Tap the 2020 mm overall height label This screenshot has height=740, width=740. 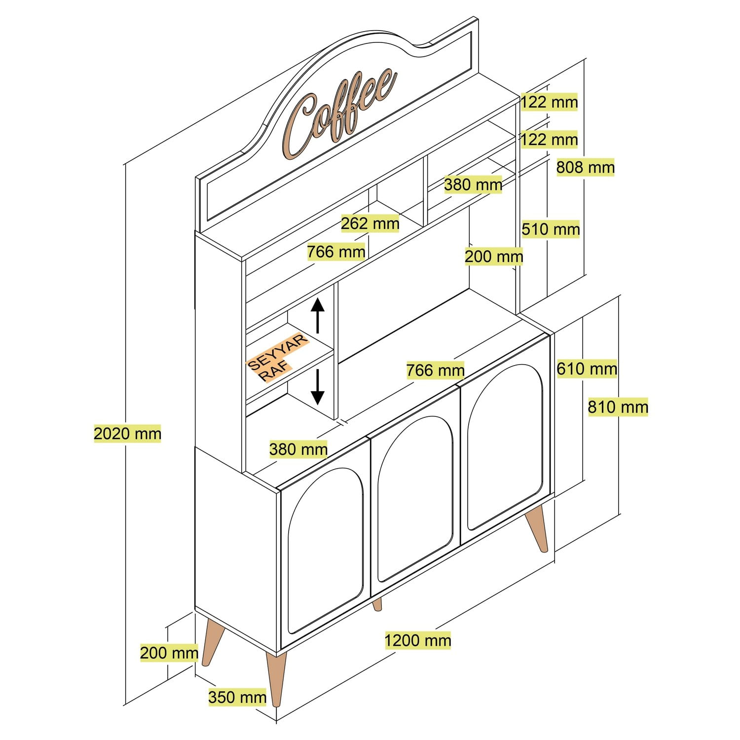(x=127, y=434)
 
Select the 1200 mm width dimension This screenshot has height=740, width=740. (x=417, y=640)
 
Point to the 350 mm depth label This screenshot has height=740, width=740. (x=237, y=697)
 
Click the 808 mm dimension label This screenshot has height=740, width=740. (x=585, y=168)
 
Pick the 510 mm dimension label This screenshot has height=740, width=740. (x=550, y=229)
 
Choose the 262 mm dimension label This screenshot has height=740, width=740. (x=370, y=223)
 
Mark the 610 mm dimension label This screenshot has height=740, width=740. (x=587, y=369)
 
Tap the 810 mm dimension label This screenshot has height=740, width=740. (x=618, y=407)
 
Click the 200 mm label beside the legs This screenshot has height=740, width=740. (x=169, y=653)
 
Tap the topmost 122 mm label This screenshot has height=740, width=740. (x=549, y=102)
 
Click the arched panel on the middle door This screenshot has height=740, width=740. (x=414, y=498)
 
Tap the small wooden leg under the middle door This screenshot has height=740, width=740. (x=377, y=604)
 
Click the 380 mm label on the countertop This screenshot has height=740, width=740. (x=298, y=449)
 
